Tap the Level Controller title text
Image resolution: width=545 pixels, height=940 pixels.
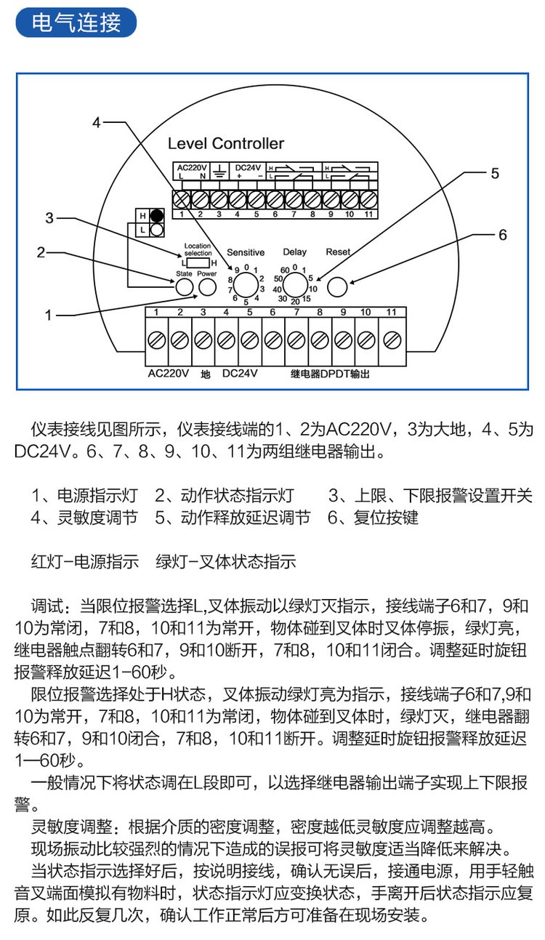226,143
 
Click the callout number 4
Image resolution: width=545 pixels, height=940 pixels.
96,123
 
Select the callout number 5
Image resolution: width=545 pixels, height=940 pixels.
495,173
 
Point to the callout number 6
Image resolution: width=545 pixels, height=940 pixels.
502,235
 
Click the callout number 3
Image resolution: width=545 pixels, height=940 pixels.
49,217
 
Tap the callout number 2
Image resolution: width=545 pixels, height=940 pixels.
41,252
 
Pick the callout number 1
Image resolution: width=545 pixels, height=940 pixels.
49,315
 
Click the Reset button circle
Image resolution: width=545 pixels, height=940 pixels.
337,286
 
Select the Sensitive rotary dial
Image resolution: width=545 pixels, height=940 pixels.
246,284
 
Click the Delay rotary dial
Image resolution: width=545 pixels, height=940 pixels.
295,284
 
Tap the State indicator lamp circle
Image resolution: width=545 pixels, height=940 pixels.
185,287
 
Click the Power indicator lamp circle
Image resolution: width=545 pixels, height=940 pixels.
207,287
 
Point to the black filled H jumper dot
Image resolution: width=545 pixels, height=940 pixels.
156,216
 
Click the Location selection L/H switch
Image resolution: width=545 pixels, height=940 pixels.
198,262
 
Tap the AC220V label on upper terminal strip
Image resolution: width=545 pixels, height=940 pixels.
191,167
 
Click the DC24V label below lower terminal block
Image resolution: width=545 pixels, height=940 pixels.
240,374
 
